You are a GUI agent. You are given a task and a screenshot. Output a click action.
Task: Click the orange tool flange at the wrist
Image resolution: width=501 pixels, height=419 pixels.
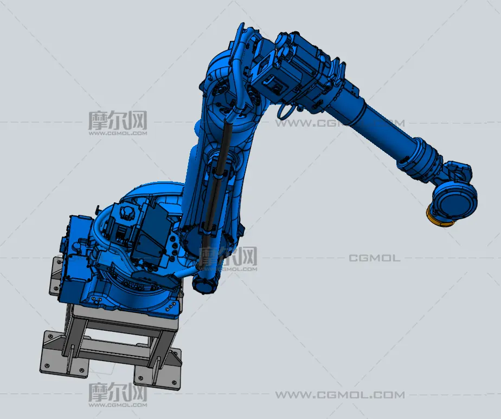point(437,219)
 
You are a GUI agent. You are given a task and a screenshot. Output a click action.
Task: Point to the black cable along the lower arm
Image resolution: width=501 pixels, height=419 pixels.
point(217,185)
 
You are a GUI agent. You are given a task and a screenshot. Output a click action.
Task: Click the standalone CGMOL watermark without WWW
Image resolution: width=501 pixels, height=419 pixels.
point(374,258)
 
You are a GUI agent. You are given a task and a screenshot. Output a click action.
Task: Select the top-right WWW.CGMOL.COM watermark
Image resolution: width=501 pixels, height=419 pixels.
point(340,123)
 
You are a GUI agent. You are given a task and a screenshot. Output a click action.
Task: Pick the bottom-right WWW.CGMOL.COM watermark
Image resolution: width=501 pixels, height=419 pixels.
point(340,395)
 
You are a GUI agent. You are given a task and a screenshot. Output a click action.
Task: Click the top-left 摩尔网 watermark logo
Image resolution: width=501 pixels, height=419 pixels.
point(118,123)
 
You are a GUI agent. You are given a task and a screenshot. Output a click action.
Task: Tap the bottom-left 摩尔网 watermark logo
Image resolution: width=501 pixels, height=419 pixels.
point(118,395)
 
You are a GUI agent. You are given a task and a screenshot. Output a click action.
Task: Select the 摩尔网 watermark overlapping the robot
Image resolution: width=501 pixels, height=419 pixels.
point(228,259)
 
